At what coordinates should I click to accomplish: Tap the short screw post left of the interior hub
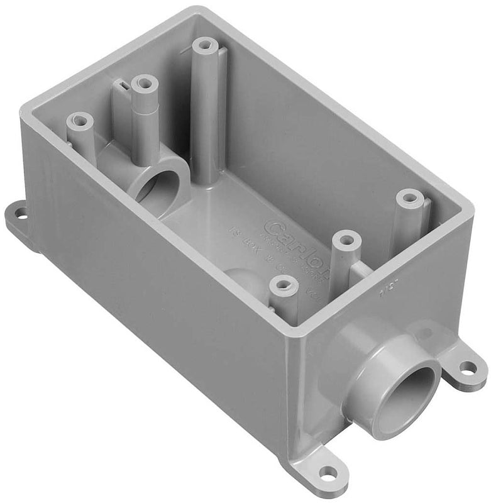click(80, 119)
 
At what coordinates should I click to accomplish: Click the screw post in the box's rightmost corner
click(410, 198)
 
